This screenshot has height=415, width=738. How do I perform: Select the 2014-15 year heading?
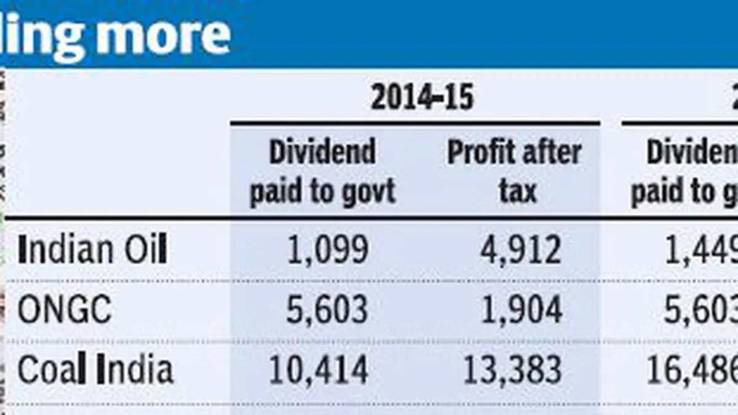click(422, 98)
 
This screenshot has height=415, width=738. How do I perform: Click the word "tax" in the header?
click(518, 192)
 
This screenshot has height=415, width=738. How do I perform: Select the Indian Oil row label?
click(92, 250)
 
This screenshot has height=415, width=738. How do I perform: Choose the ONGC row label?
click(65, 310)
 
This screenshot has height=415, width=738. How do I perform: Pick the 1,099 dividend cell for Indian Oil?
click(327, 250)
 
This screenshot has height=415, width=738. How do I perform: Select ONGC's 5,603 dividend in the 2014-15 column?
click(327, 310)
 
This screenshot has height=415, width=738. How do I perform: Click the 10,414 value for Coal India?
click(318, 370)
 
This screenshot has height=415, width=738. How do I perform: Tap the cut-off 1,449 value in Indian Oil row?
click(701, 250)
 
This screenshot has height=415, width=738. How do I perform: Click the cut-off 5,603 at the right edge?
click(701, 310)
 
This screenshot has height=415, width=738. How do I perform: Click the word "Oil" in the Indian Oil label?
click(146, 250)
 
